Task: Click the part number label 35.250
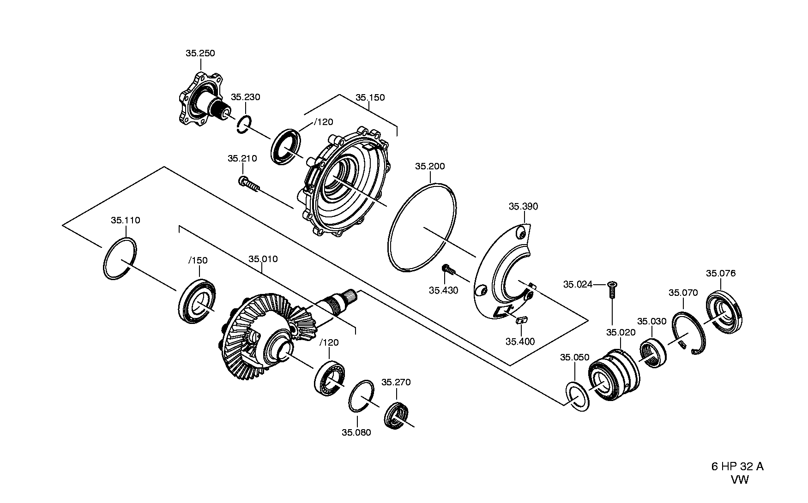click(200, 53)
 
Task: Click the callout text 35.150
click(370, 97)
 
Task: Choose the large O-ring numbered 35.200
click(422, 227)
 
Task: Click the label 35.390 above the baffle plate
click(524, 206)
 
